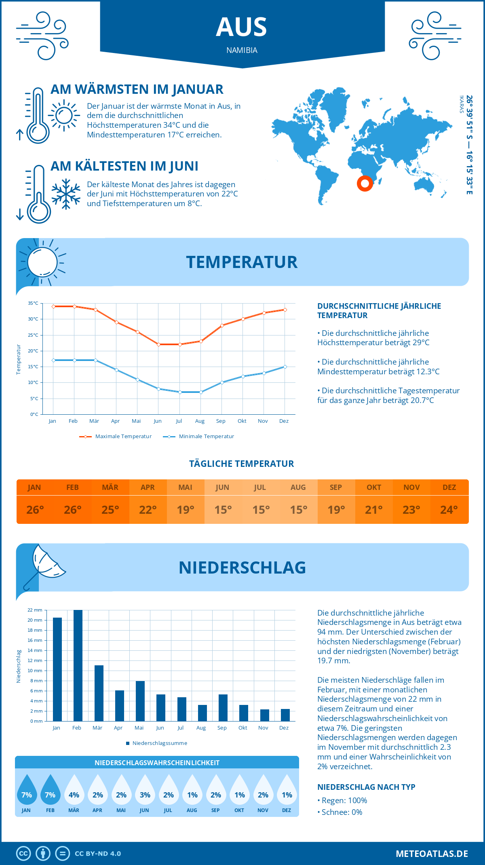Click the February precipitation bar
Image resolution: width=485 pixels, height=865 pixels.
click(78, 665)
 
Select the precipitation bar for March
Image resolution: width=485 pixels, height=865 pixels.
click(99, 693)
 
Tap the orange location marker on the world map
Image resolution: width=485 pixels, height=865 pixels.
click(365, 184)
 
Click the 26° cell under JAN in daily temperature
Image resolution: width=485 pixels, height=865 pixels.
click(35, 510)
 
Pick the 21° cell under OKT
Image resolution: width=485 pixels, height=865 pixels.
click(373, 510)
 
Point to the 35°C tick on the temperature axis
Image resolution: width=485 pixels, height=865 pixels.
click(33, 303)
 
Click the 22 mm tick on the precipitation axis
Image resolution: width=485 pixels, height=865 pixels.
click(35, 610)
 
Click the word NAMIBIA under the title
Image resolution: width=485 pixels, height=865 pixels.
click(242, 50)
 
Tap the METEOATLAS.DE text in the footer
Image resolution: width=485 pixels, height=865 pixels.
click(432, 854)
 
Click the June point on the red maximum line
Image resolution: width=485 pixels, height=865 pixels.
click(159, 344)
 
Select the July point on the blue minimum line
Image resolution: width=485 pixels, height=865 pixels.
click(180, 392)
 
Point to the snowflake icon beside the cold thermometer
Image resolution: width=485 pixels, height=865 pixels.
click(66, 194)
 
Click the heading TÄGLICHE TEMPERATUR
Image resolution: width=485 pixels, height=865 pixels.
click(242, 464)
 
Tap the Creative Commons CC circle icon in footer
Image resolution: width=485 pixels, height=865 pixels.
click(23, 854)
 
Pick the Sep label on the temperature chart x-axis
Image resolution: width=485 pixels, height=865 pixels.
click(221, 421)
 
